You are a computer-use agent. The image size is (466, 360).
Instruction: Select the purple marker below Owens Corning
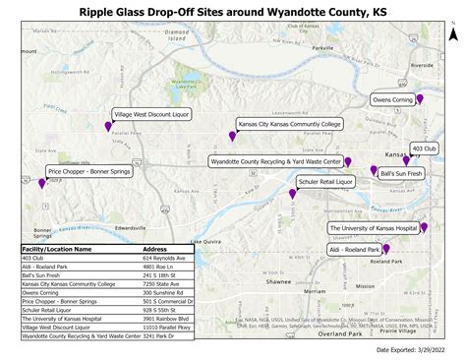pos(421,99)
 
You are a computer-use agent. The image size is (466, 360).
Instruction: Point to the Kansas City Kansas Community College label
pos(288,124)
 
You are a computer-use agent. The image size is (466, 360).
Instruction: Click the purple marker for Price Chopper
pos(42,182)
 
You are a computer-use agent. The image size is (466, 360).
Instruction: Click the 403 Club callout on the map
pos(424,148)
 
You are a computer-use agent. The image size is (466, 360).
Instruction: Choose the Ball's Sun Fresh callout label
pos(402,173)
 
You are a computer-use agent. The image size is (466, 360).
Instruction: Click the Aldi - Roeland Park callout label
pos(356,251)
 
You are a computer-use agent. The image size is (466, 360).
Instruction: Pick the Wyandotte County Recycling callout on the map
pos(275,160)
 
